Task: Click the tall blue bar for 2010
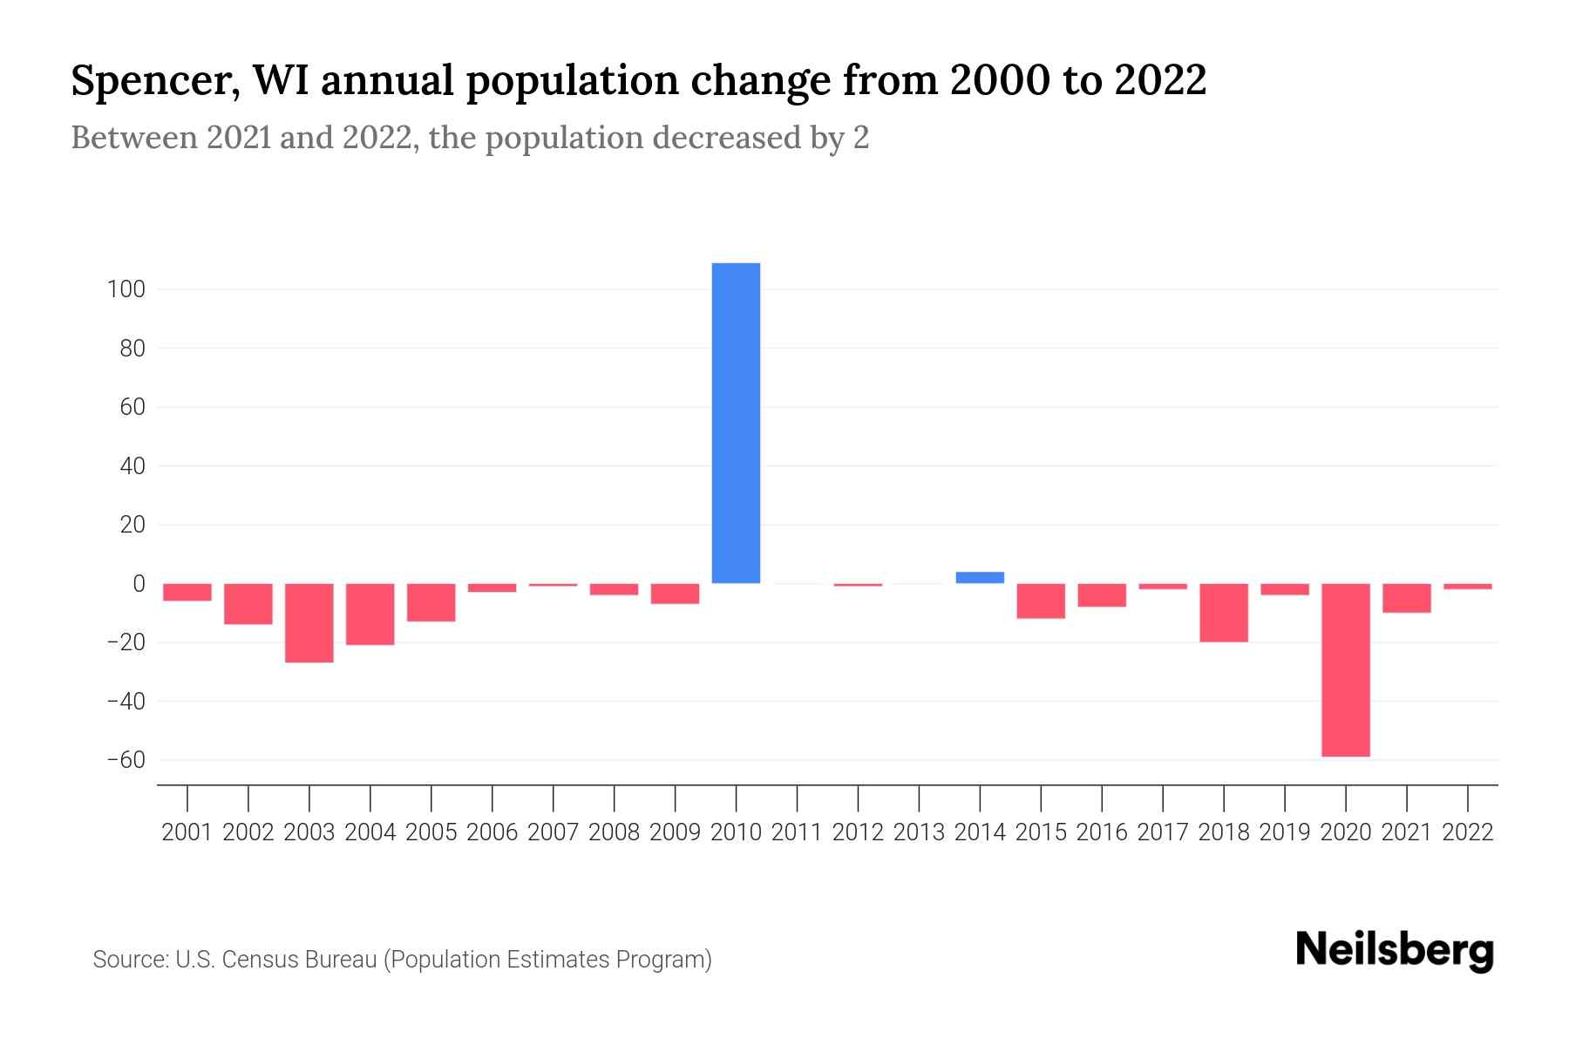click(x=736, y=423)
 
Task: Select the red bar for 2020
click(x=1345, y=669)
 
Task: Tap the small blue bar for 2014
click(x=980, y=577)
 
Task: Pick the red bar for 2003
click(x=309, y=622)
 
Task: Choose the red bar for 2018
click(x=1223, y=612)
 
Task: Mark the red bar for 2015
click(x=1041, y=601)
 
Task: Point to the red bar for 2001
click(x=187, y=592)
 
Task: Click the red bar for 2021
click(x=1406, y=598)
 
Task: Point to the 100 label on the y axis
click(x=126, y=289)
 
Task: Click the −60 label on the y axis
click(x=126, y=760)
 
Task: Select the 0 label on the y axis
click(x=139, y=584)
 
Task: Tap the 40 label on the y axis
click(x=132, y=466)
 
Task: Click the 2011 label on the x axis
click(x=797, y=832)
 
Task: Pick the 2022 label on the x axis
click(x=1468, y=832)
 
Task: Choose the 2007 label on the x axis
click(x=553, y=832)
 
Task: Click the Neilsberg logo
click(x=1395, y=951)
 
